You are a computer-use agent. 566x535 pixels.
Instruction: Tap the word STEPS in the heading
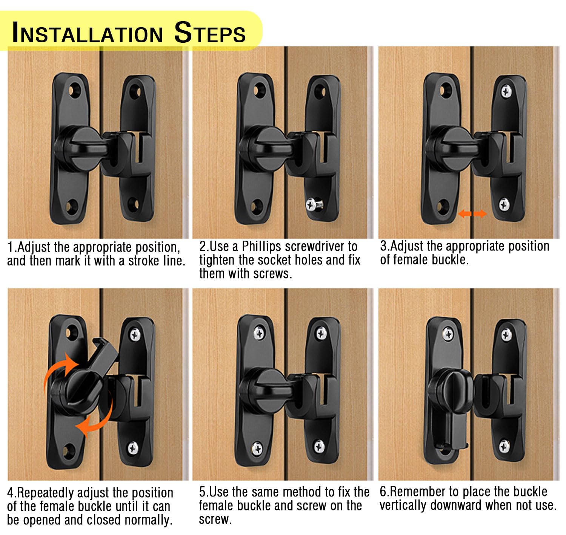point(210,32)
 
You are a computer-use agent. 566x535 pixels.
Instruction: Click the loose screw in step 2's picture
point(314,204)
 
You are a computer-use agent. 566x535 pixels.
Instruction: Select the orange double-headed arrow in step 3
point(472,213)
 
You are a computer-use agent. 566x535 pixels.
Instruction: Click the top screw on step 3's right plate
point(506,91)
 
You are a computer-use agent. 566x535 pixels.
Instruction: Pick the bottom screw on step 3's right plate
point(504,204)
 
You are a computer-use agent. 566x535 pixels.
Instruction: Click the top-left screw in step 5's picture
point(259,333)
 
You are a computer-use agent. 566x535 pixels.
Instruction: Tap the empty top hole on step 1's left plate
point(75,91)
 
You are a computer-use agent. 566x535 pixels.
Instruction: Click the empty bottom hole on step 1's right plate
point(133,204)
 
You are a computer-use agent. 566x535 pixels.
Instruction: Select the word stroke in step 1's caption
point(143,261)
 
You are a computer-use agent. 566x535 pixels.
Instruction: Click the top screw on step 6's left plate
point(448,334)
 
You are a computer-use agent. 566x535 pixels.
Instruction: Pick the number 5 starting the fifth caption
point(202,492)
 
